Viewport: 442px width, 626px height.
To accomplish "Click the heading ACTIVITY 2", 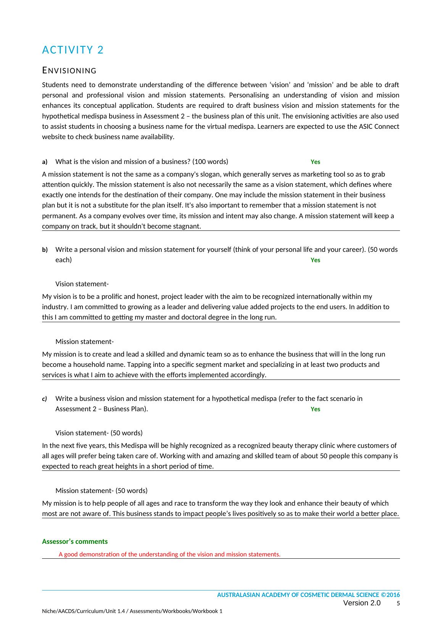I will pyautogui.click(x=73, y=50).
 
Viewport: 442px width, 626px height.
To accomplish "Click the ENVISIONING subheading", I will pyautogui.click(x=69, y=71).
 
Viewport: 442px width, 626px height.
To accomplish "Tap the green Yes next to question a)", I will pyautogui.click(x=315, y=162).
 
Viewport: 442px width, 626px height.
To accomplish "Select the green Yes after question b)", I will pyautogui.click(x=315, y=260).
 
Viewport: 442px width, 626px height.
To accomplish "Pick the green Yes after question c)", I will pyautogui.click(x=315, y=409).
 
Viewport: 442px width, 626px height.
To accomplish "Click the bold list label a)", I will pyautogui.click(x=45, y=162).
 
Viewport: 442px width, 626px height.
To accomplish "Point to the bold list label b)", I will pyautogui.click(x=45, y=250).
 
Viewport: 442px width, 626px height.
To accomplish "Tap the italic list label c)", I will pyautogui.click(x=44, y=399).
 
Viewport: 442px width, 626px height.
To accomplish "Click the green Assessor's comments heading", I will pyautogui.click(x=75, y=542).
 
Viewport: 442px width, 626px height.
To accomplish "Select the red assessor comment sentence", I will pyautogui.click(x=169, y=555).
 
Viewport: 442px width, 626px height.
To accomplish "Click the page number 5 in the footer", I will pyautogui.click(x=398, y=604).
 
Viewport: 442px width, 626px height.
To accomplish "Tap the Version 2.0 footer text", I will pyautogui.click(x=362, y=603).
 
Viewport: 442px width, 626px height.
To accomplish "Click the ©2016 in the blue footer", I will pyautogui.click(x=390, y=595).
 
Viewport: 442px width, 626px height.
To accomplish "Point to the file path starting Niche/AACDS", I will pyautogui.click(x=132, y=611).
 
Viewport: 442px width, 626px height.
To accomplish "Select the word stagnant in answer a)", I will pyautogui.click(x=187, y=226).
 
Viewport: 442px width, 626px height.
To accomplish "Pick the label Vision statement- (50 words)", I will pyautogui.click(x=99, y=433).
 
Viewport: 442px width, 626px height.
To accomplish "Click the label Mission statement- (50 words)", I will pyautogui.click(x=101, y=491).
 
